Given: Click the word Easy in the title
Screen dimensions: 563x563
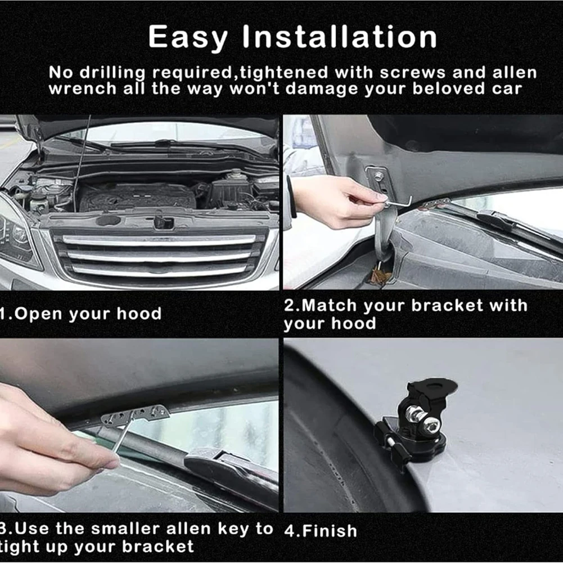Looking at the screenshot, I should [188, 38].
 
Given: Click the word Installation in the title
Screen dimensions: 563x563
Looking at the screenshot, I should [340, 38].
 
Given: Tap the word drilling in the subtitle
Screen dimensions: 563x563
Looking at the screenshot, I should [114, 73].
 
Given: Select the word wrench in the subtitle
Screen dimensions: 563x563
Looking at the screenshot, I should [82, 89].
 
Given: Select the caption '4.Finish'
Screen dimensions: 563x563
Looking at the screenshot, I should [321, 530].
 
